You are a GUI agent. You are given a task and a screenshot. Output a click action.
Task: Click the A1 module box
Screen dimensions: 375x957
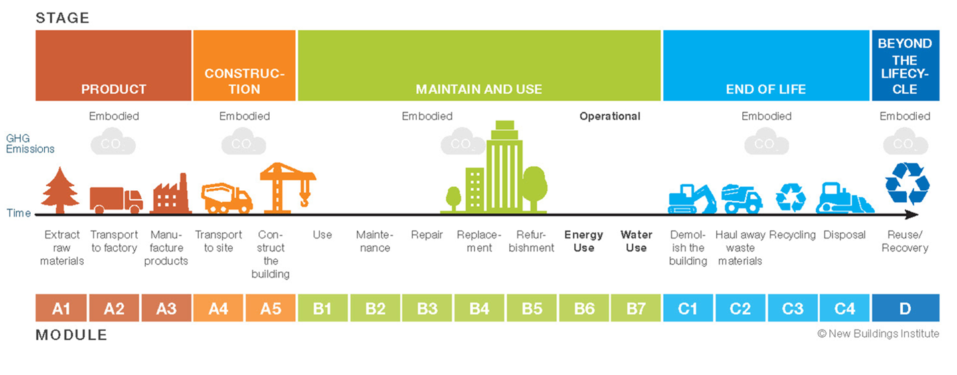[61, 308]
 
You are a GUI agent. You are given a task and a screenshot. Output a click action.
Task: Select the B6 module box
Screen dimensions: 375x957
[584, 308]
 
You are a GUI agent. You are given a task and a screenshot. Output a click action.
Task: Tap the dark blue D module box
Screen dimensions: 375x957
[905, 308]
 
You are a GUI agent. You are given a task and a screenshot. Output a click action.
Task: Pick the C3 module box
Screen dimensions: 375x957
[793, 308]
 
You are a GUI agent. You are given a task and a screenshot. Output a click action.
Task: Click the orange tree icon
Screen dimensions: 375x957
[61, 190]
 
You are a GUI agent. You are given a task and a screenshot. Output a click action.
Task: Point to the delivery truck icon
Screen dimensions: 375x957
[116, 199]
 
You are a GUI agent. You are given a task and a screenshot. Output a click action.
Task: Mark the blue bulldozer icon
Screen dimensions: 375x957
[844, 198]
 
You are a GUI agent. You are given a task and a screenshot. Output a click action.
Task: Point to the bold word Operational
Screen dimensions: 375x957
[610, 116]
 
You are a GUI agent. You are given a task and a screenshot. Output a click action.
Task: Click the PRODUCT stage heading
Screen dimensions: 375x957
[114, 89]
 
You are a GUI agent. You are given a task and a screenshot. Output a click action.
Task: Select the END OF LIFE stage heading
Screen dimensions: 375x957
[766, 89]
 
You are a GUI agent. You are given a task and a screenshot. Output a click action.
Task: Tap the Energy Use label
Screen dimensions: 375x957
[584, 241]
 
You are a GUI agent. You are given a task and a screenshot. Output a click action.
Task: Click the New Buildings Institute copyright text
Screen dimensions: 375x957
[878, 333]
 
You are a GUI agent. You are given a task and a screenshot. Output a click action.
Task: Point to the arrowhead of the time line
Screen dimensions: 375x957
[911, 215]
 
